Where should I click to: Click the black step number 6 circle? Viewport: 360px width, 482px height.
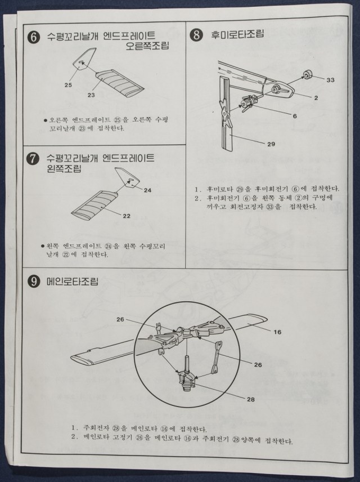pyautogui.click(x=34, y=38)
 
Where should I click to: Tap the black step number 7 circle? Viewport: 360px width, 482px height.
pyautogui.click(x=33, y=159)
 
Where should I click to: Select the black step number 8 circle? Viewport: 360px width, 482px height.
pyautogui.click(x=196, y=34)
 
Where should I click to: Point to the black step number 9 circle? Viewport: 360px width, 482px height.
pyautogui.click(x=33, y=282)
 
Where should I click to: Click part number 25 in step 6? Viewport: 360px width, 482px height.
pyautogui.click(x=68, y=85)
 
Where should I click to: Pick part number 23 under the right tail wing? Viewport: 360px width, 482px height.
pyautogui.click(x=91, y=95)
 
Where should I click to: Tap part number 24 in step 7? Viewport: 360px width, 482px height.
pyautogui.click(x=148, y=190)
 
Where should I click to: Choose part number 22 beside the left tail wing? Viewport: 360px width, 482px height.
pyautogui.click(x=127, y=216)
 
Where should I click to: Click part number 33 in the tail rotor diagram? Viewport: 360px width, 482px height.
pyautogui.click(x=330, y=80)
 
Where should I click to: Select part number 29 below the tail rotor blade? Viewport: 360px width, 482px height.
pyautogui.click(x=271, y=144)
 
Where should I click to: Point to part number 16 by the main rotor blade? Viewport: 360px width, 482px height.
pyautogui.click(x=277, y=332)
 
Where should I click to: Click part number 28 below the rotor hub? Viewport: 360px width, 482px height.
pyautogui.click(x=251, y=400)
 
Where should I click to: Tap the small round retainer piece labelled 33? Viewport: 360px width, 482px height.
pyautogui.click(x=307, y=74)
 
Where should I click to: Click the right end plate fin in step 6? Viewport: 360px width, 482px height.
pyautogui.click(x=84, y=59)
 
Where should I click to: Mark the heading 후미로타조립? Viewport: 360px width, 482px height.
pyautogui.click(x=237, y=34)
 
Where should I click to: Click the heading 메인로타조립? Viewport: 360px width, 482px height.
pyautogui.click(x=73, y=282)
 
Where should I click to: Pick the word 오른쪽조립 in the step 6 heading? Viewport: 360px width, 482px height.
pyautogui.click(x=148, y=46)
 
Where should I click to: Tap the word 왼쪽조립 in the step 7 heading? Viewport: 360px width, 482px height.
pyautogui.click(x=64, y=168)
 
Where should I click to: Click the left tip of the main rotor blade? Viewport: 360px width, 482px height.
pyautogui.click(x=71, y=357)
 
